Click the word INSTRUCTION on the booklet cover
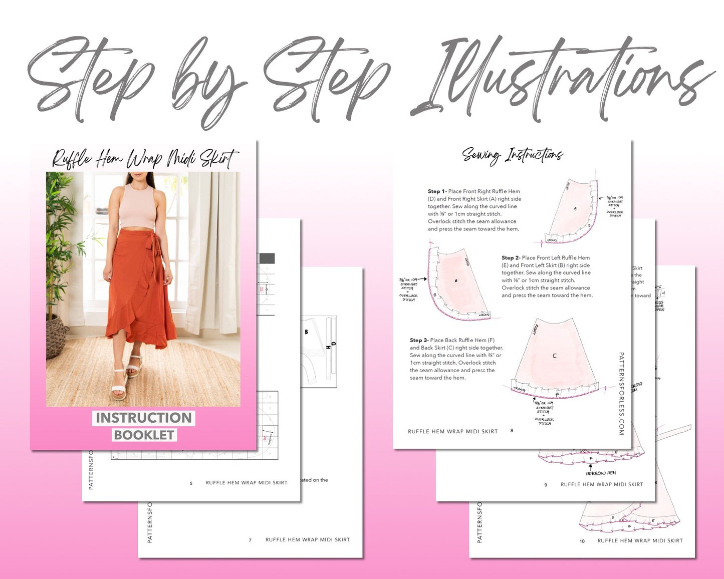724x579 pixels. (144, 418)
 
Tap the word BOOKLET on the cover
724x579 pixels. (144, 435)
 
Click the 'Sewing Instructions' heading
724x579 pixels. (512, 155)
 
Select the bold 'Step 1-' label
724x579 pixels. (437, 191)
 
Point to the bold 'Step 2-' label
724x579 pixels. (511, 258)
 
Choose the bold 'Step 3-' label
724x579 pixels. (419, 340)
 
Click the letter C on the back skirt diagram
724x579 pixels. (554, 356)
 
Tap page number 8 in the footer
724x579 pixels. (512, 431)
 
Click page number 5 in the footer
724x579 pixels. (191, 483)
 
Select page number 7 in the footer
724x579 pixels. (250, 540)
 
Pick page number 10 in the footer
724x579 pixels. (582, 541)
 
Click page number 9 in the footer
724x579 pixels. (546, 485)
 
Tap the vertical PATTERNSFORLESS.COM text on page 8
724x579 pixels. (621, 393)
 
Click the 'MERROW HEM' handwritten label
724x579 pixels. (601, 473)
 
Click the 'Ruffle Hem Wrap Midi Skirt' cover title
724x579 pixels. (144, 159)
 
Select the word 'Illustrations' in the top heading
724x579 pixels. (561, 80)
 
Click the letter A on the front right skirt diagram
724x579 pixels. (575, 208)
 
